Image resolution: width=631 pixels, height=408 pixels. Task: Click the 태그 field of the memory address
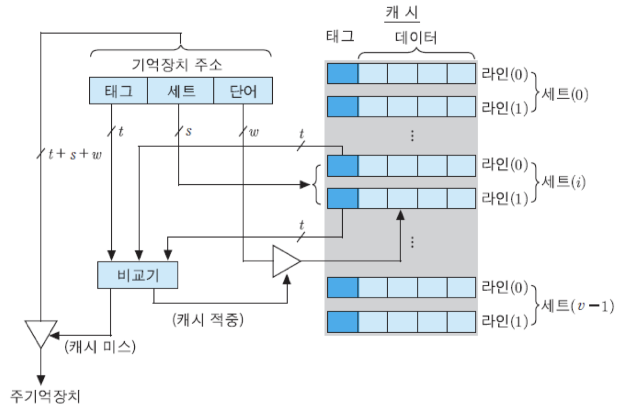[118, 91]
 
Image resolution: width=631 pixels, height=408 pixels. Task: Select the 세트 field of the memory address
[180, 91]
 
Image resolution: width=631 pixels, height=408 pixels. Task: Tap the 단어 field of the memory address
[243, 91]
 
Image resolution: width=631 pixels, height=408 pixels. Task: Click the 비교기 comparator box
[137, 276]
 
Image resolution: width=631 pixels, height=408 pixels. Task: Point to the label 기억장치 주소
[177, 66]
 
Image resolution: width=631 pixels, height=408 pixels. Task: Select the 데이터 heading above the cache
[416, 38]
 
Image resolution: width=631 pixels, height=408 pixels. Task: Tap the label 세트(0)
[565, 94]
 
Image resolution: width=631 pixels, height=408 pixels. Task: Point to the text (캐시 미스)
[100, 347]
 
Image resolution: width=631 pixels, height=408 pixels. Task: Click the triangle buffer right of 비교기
[285, 261]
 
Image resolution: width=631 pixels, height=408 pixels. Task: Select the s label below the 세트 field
[188, 131]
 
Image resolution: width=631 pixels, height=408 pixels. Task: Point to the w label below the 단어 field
[253, 131]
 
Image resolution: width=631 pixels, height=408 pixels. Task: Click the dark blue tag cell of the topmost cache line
[342, 73]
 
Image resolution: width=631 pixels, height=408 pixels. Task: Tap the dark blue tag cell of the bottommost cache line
[342, 321]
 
